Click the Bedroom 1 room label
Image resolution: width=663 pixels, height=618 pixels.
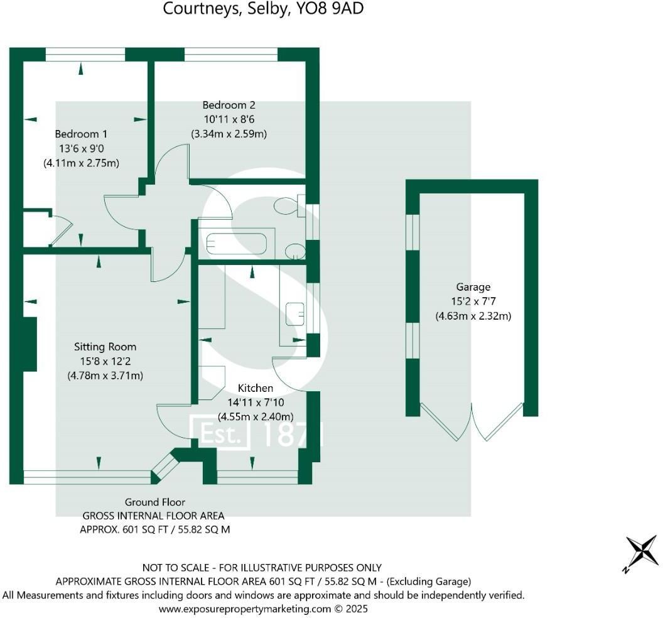tap(81, 134)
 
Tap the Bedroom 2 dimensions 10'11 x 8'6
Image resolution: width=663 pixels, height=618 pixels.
tap(229, 119)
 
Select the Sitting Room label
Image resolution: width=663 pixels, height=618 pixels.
tap(105, 347)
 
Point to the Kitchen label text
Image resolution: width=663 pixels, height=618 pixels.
tap(255, 388)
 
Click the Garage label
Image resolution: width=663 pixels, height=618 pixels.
tap(473, 287)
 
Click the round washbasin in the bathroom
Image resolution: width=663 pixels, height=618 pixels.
tap(294, 252)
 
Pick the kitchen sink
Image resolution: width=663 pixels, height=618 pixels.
tap(294, 313)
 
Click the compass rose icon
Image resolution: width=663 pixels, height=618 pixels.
tap(640, 553)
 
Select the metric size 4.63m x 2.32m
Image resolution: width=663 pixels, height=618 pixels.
tap(473, 316)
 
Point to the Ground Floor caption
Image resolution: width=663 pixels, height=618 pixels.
tap(154, 502)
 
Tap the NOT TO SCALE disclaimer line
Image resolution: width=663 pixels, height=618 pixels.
tap(262, 568)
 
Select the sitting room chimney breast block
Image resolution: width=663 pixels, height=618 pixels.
tap(29, 344)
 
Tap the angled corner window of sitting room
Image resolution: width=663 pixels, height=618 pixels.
tap(165, 465)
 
